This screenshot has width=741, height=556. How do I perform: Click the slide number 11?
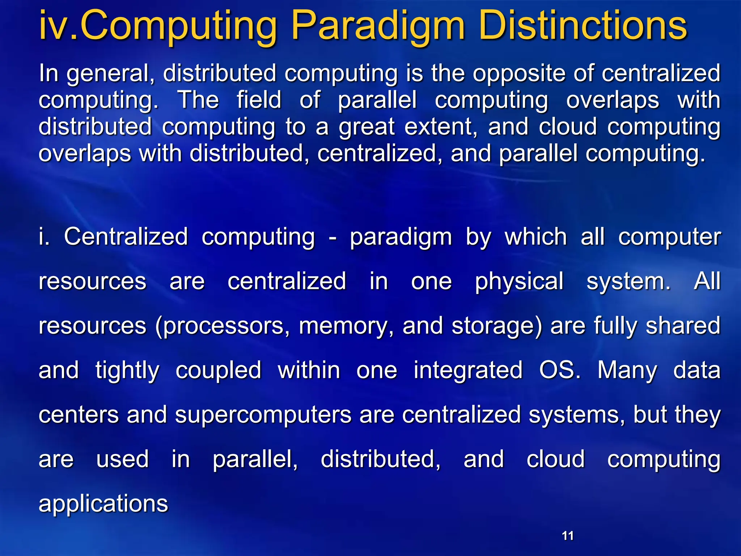[x=568, y=536]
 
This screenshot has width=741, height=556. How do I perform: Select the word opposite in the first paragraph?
[x=519, y=74]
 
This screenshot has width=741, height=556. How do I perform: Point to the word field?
[x=259, y=100]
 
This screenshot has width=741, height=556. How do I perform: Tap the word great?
[x=367, y=127]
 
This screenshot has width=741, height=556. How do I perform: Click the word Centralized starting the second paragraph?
[x=126, y=237]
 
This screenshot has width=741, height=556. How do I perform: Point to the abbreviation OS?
[x=559, y=370]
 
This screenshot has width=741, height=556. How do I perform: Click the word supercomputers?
[x=263, y=415]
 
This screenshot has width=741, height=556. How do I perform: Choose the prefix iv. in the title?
[x=58, y=26]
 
